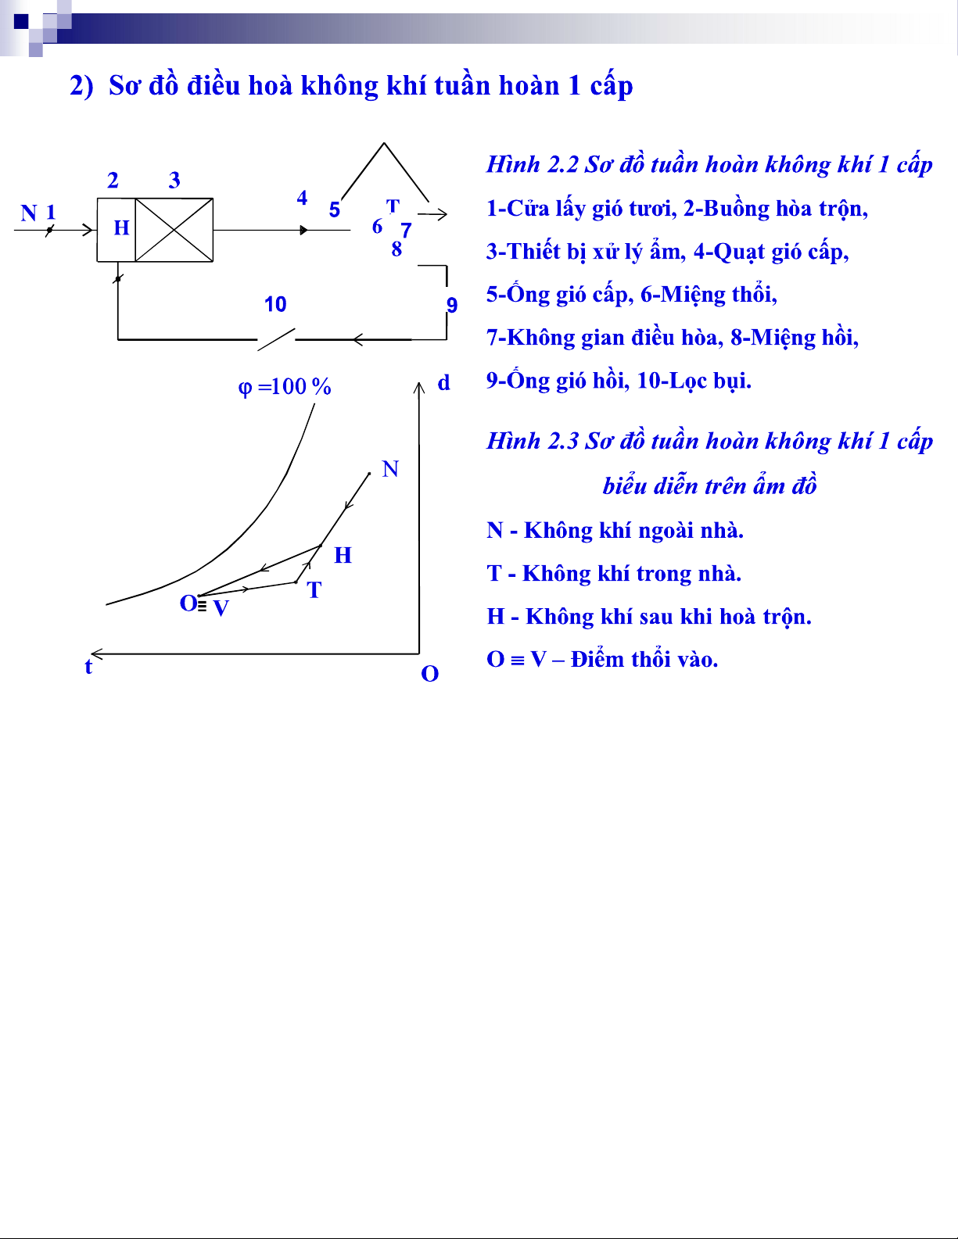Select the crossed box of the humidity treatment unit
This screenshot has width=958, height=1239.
[x=174, y=230]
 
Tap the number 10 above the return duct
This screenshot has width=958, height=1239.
[x=275, y=304]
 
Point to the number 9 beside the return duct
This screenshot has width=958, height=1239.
[x=452, y=305]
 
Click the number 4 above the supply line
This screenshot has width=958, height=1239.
[x=302, y=199]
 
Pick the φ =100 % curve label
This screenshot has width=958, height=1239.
[x=285, y=386]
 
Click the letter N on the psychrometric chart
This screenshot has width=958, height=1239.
[x=390, y=469]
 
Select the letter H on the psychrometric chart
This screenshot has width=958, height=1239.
[x=343, y=555]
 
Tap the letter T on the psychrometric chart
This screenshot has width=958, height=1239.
[x=314, y=590]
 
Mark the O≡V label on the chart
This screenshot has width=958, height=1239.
[x=204, y=605]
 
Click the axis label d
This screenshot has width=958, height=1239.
[x=443, y=383]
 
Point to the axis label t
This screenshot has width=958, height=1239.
[x=88, y=667]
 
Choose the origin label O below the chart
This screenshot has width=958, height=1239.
[x=429, y=674]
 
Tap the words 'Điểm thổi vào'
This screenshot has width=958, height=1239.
[x=644, y=660]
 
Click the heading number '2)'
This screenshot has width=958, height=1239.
[x=81, y=85]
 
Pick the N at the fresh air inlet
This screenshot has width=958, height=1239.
[x=29, y=213]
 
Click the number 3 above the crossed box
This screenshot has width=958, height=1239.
[x=174, y=181]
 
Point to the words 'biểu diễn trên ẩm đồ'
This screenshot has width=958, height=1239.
[x=709, y=486]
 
